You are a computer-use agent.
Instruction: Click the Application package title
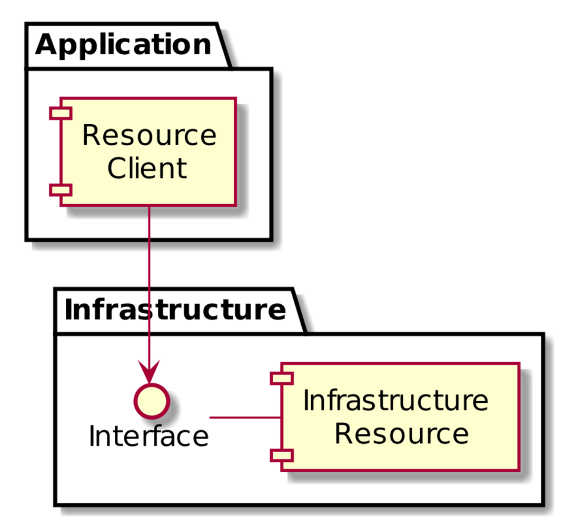click(123, 45)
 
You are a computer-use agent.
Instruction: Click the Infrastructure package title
click(174, 311)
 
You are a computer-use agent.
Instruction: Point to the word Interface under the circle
click(148, 436)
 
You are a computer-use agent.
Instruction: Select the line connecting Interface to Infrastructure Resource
click(245, 417)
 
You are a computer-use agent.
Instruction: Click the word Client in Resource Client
click(147, 168)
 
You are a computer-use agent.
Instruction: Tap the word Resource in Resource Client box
click(149, 136)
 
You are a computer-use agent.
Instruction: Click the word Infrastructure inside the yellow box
click(396, 401)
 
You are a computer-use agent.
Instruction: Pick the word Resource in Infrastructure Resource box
click(401, 434)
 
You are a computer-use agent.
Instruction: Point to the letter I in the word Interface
click(93, 436)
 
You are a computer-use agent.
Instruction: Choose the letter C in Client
click(117, 168)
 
